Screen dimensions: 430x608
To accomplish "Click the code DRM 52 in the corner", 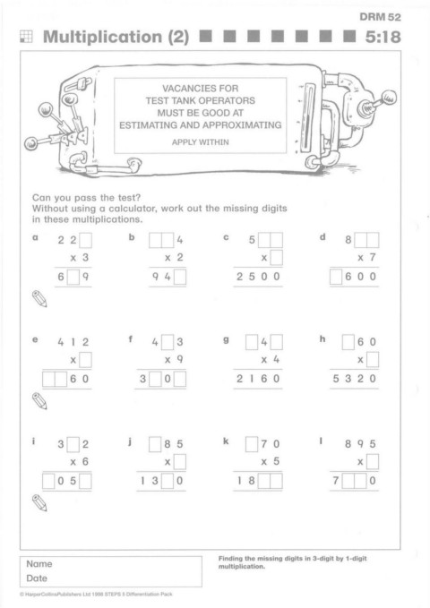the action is point(380,17).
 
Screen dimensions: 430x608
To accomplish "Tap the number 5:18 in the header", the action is point(383,37).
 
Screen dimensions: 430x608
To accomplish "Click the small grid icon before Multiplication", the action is point(26,37).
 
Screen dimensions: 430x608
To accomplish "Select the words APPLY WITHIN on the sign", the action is point(201,141).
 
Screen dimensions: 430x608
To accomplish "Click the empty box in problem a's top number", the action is point(85,240).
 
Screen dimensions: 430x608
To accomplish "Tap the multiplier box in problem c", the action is point(276,258).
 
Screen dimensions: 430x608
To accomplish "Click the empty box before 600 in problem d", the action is point(336,277).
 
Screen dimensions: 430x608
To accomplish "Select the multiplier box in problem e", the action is point(85,360).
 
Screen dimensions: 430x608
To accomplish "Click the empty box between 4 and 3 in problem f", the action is point(168,342).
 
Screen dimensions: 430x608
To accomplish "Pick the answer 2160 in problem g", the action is point(258,379).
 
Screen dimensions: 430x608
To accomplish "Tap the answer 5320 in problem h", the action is point(355,379).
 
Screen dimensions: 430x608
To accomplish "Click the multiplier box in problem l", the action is point(373,461).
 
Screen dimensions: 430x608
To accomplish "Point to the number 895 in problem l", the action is point(360,443).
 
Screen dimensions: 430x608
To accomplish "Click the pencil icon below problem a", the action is point(39,298).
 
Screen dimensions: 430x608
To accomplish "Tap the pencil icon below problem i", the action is point(39,503).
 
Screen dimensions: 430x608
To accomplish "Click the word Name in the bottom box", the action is point(39,564).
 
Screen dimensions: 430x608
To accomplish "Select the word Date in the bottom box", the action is point(37,578).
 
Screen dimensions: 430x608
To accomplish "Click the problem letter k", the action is point(226,441).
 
